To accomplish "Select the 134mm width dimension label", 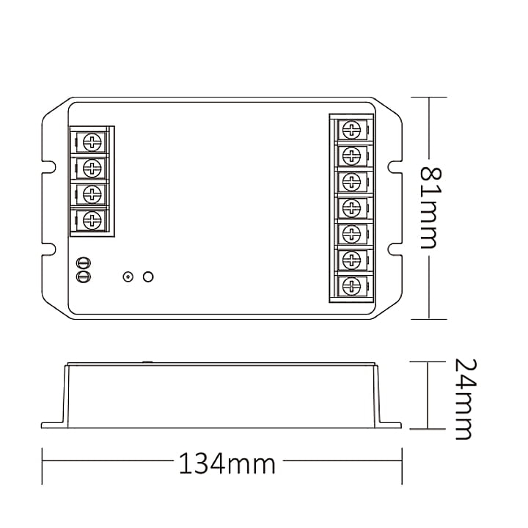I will (227, 463).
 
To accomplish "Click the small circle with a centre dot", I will (128, 277).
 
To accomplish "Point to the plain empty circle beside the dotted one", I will (148, 276).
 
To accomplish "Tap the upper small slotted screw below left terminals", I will (84, 263).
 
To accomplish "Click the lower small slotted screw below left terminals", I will (84, 276).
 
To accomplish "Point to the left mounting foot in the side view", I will (53, 424).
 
